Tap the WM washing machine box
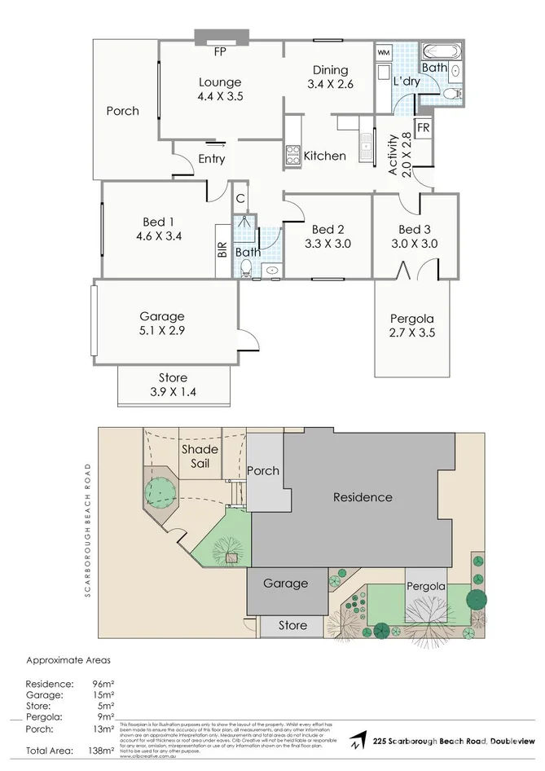[x=384, y=53]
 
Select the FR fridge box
[x=423, y=129]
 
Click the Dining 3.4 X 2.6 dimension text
[x=328, y=84]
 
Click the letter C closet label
[x=240, y=198]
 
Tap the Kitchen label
[x=324, y=156]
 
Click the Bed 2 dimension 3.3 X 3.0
[x=327, y=243]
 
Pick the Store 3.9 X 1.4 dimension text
[x=173, y=391]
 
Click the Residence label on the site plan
[x=363, y=497]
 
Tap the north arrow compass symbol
[x=357, y=741]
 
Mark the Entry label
[x=212, y=159]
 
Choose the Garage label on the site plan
[x=285, y=584]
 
